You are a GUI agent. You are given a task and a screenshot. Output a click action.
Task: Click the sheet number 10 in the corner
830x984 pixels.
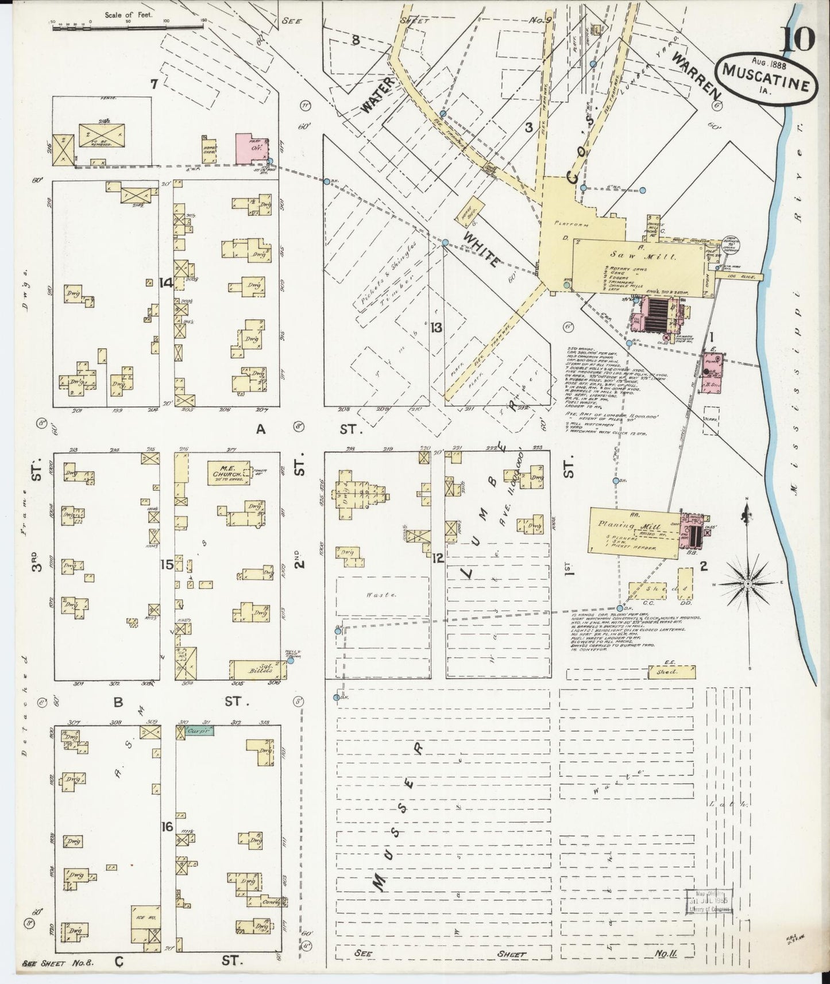[x=797, y=39]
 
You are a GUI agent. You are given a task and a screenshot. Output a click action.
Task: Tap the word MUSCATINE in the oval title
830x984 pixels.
[x=766, y=78]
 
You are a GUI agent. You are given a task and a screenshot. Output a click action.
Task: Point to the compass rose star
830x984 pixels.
[x=748, y=584]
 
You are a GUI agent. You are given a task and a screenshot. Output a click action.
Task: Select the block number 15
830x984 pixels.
[x=167, y=565]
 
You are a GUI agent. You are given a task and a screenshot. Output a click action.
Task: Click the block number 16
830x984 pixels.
[x=167, y=827]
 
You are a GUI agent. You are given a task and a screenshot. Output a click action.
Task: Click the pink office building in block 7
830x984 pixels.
[x=252, y=148]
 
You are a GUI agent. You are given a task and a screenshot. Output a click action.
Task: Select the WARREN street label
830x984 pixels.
[x=697, y=75]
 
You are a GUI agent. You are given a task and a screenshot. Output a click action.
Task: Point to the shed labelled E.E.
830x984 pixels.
[x=671, y=672]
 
